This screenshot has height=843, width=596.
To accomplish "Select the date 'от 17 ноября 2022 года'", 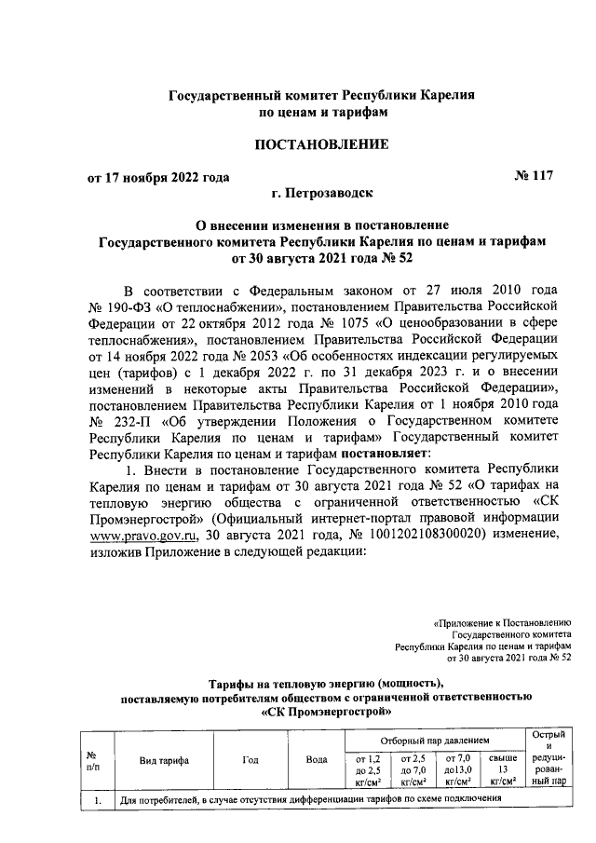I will tap(158, 178).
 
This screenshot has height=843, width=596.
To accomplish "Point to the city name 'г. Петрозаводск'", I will tap(322, 194).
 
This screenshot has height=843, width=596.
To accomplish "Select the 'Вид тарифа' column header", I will tap(164, 761).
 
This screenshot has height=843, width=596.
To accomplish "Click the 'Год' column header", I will tap(251, 761).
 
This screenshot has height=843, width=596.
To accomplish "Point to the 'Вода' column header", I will tap(316, 761).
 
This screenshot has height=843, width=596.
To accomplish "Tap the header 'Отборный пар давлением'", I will tap(433, 737).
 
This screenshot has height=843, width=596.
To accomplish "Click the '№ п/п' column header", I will tap(92, 761).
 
